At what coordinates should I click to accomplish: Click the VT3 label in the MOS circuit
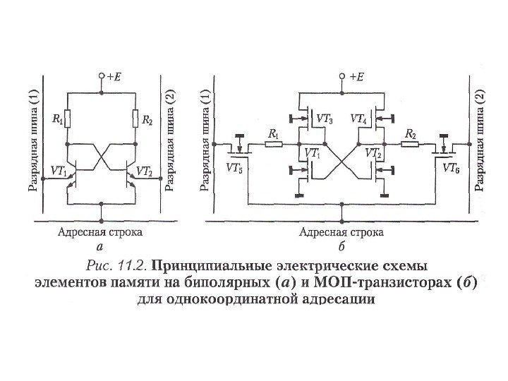click(325, 119)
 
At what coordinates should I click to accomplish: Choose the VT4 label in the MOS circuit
click(358, 119)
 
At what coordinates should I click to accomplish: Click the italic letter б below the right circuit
click(341, 247)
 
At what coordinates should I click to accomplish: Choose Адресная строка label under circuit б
click(341, 231)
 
